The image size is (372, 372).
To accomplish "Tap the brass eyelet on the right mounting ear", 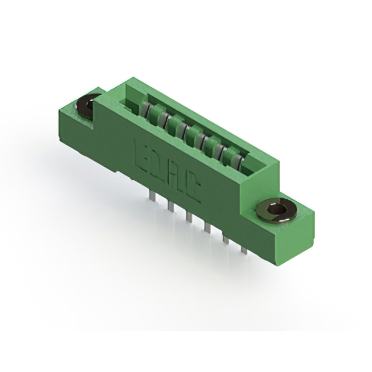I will click(277, 210).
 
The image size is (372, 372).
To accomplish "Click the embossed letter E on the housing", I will click(141, 153).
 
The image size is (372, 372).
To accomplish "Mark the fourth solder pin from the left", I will click(207, 227).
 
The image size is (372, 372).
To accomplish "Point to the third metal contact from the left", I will click(182, 128).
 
